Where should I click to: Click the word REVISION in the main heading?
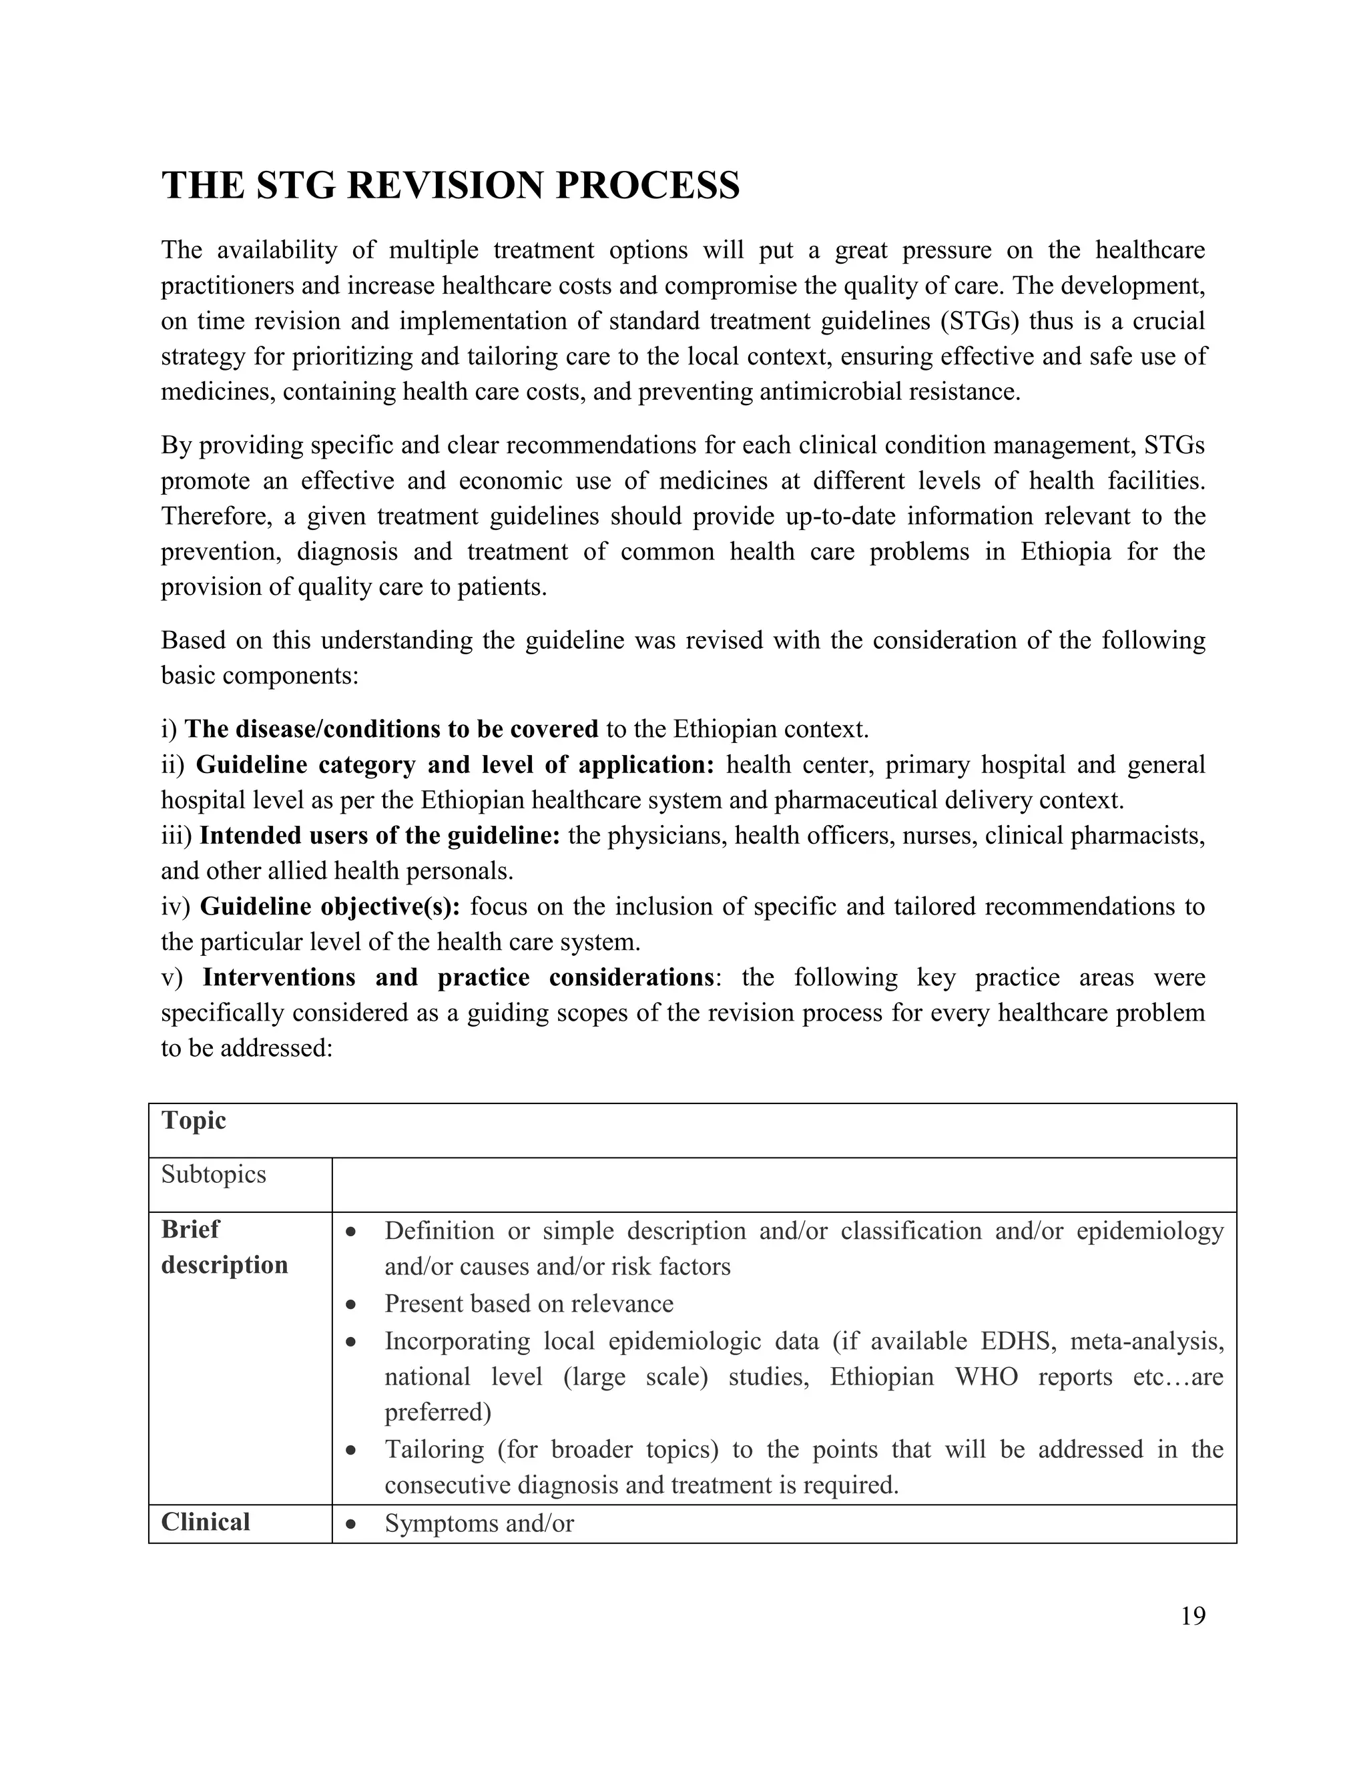[444, 186]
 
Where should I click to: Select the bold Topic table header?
[194, 1120]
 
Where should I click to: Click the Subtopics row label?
[213, 1174]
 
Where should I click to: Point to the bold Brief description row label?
[224, 1248]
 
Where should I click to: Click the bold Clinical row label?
[206, 1522]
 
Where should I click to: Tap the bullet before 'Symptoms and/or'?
[350, 1523]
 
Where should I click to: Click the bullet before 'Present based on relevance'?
[350, 1304]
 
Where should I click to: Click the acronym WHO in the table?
[987, 1377]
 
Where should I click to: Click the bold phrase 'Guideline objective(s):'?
[330, 907]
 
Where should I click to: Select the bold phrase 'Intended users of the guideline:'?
[379, 835]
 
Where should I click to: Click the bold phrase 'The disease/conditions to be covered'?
[391, 729]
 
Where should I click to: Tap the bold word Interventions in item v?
[278, 978]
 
